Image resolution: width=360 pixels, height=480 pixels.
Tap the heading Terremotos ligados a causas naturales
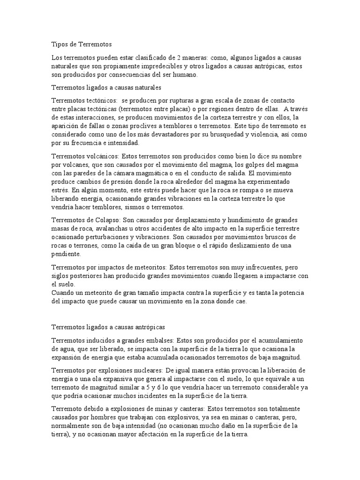click(106, 88)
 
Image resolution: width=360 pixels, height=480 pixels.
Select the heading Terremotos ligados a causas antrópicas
click(108, 327)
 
